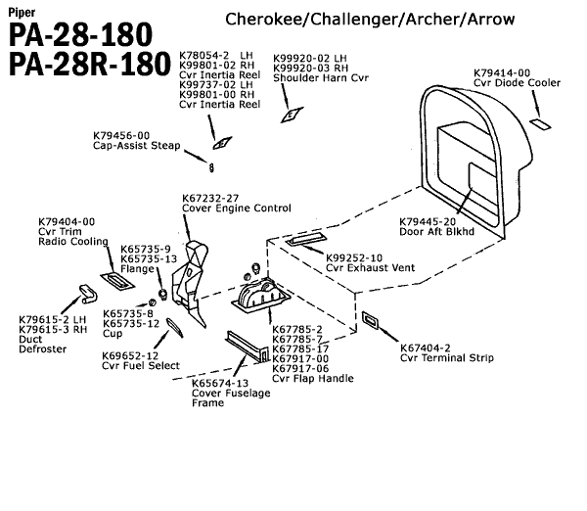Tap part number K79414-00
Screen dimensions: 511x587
(x=502, y=72)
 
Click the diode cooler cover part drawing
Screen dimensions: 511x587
(x=540, y=125)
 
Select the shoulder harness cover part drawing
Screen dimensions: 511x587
(x=290, y=116)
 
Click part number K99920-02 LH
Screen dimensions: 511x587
(x=310, y=58)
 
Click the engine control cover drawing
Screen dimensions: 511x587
(x=192, y=279)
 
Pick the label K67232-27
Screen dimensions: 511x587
(x=211, y=198)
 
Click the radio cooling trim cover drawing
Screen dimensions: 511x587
(x=116, y=281)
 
